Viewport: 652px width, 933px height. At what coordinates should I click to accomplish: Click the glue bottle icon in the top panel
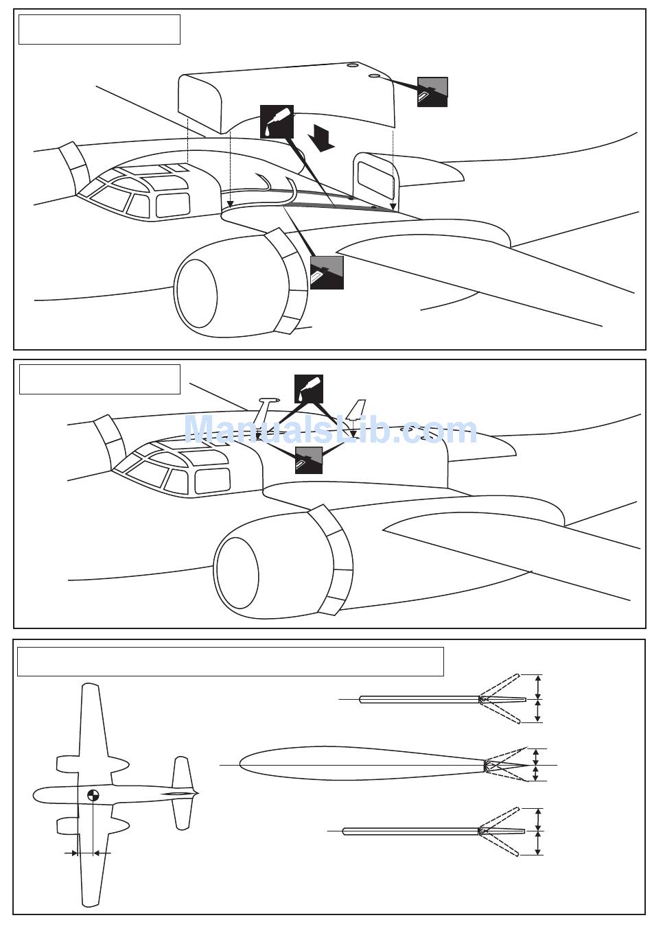tap(277, 121)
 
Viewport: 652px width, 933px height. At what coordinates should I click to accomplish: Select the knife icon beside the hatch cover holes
tap(432, 92)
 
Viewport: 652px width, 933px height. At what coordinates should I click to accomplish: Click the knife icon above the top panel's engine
tap(327, 272)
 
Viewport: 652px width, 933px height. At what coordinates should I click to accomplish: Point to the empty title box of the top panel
tap(100, 29)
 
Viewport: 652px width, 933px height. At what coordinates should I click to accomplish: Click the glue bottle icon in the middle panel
tap(308, 389)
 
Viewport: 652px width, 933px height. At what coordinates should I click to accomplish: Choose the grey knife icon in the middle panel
tap(308, 460)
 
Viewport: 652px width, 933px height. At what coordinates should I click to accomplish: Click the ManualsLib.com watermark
tap(330, 431)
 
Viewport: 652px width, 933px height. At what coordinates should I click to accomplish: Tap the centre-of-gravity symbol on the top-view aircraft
tap(93, 795)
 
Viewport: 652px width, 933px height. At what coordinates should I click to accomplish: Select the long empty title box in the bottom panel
tap(231, 661)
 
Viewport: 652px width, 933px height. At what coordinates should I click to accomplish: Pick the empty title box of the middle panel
tap(100, 379)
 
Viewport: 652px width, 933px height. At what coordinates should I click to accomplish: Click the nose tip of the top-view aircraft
tap(35, 795)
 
